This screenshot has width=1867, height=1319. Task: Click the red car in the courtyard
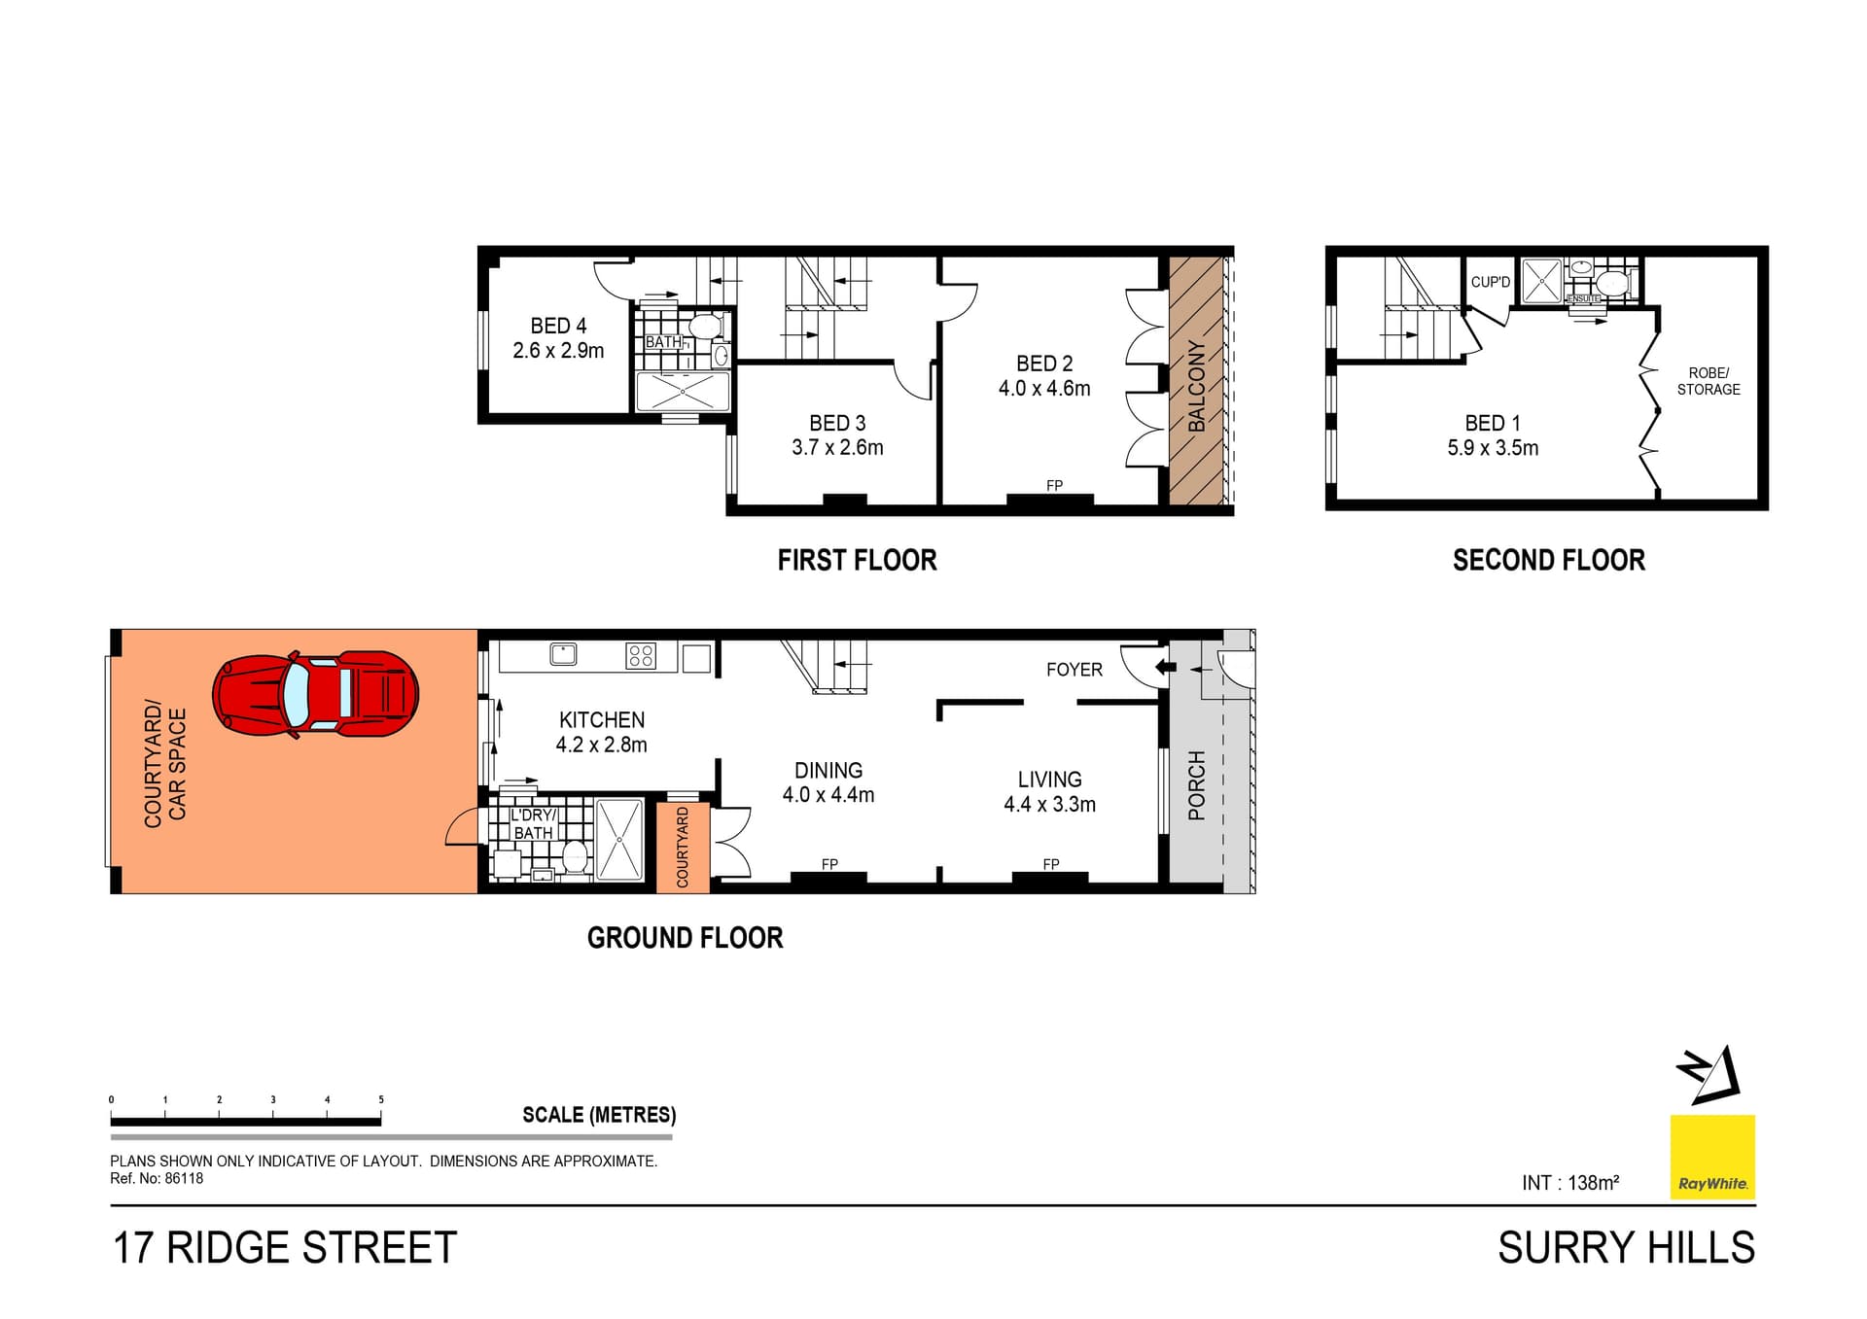315,694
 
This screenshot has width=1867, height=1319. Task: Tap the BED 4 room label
558,327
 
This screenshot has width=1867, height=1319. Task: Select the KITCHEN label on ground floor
601,720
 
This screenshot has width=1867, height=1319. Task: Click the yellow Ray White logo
1712,1157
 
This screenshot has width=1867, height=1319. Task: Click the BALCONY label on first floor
1197,386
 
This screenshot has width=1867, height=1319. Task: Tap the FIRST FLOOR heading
857,560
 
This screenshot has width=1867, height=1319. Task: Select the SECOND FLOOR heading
1548,560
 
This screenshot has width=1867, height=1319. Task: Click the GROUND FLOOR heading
685,938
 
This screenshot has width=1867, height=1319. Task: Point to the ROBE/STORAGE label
1708,381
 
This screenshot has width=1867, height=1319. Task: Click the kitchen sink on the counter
563,654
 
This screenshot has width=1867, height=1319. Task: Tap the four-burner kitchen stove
641,655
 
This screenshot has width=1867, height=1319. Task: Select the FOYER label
1074,670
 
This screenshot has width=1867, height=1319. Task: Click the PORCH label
1197,785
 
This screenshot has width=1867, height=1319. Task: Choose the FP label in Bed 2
1054,485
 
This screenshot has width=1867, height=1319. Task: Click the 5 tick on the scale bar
381,1100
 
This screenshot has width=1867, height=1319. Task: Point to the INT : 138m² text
1570,1183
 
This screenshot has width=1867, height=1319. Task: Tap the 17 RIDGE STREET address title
285,1248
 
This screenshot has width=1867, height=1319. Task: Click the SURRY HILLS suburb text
1626,1248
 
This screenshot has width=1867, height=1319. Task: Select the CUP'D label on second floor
1490,282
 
